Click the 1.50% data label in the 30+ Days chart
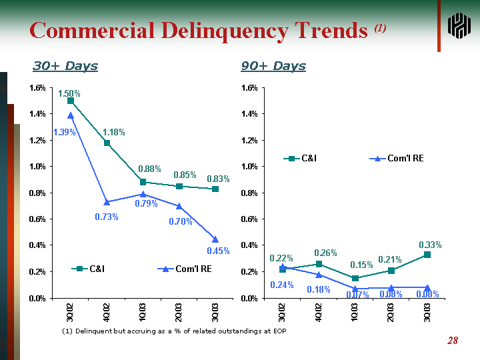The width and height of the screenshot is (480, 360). (69, 94)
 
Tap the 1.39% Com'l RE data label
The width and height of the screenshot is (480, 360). (64, 133)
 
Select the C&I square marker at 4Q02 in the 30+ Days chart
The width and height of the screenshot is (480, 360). (107, 143)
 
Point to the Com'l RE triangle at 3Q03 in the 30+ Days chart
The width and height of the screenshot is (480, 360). (215, 239)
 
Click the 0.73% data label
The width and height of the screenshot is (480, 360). (107, 217)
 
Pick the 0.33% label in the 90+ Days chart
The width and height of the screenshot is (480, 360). (430, 245)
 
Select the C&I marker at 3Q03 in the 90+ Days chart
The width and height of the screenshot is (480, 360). (427, 255)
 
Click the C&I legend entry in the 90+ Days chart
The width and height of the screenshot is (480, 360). (302, 159)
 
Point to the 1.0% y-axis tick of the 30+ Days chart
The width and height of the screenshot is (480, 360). (37, 167)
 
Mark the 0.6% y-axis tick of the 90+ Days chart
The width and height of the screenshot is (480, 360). (249, 219)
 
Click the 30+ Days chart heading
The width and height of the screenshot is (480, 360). (65, 66)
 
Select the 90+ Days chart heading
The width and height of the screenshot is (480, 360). (273, 66)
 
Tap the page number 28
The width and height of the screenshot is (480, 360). (453, 341)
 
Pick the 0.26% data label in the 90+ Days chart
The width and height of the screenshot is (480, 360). (325, 253)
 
